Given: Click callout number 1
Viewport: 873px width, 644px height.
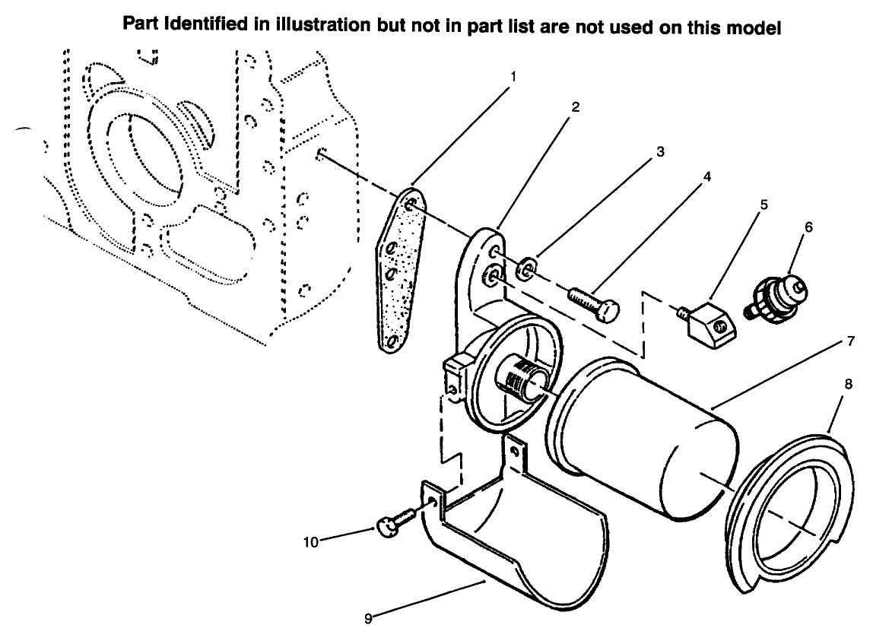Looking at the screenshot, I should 514,77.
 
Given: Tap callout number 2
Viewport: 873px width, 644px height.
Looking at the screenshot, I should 576,108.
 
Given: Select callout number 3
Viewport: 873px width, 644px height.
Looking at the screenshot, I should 661,152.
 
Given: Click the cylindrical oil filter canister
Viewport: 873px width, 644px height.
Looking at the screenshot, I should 646,441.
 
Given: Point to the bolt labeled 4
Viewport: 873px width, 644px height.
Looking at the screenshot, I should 593,303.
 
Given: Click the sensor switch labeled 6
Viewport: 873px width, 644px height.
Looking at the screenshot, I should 776,297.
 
